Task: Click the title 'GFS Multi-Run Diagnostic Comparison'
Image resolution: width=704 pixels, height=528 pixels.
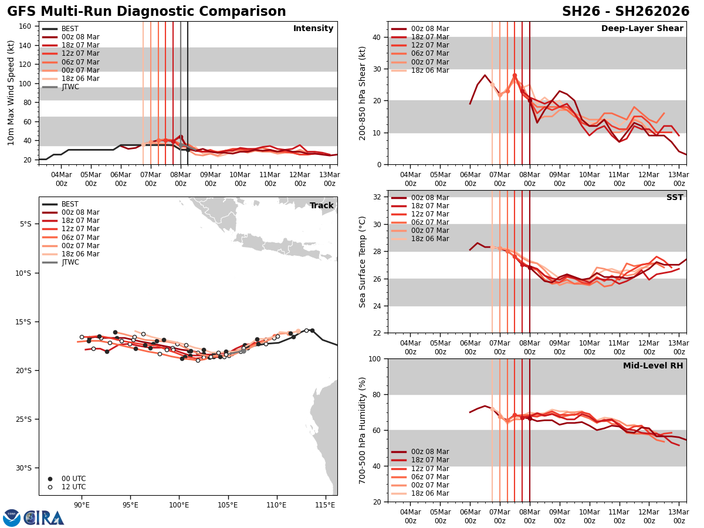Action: coord(146,12)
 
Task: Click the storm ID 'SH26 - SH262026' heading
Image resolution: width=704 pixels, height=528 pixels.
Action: coord(625,12)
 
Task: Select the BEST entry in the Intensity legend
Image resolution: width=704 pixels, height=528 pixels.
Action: coord(70,29)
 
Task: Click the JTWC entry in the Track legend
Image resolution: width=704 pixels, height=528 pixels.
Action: coord(70,262)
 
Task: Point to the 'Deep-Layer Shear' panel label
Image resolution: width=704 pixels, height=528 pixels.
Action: coord(642,29)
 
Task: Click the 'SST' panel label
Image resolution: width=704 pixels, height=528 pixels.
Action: coord(675,198)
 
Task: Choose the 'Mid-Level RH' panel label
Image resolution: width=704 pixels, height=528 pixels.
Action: coord(653,366)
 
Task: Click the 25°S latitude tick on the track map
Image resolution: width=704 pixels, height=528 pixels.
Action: coord(26,419)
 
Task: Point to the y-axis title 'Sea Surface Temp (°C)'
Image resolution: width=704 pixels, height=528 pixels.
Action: coord(363,262)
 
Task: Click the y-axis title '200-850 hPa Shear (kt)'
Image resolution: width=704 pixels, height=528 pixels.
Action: coord(363,93)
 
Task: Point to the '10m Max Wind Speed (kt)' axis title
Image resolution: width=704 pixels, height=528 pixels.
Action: coord(11,93)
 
